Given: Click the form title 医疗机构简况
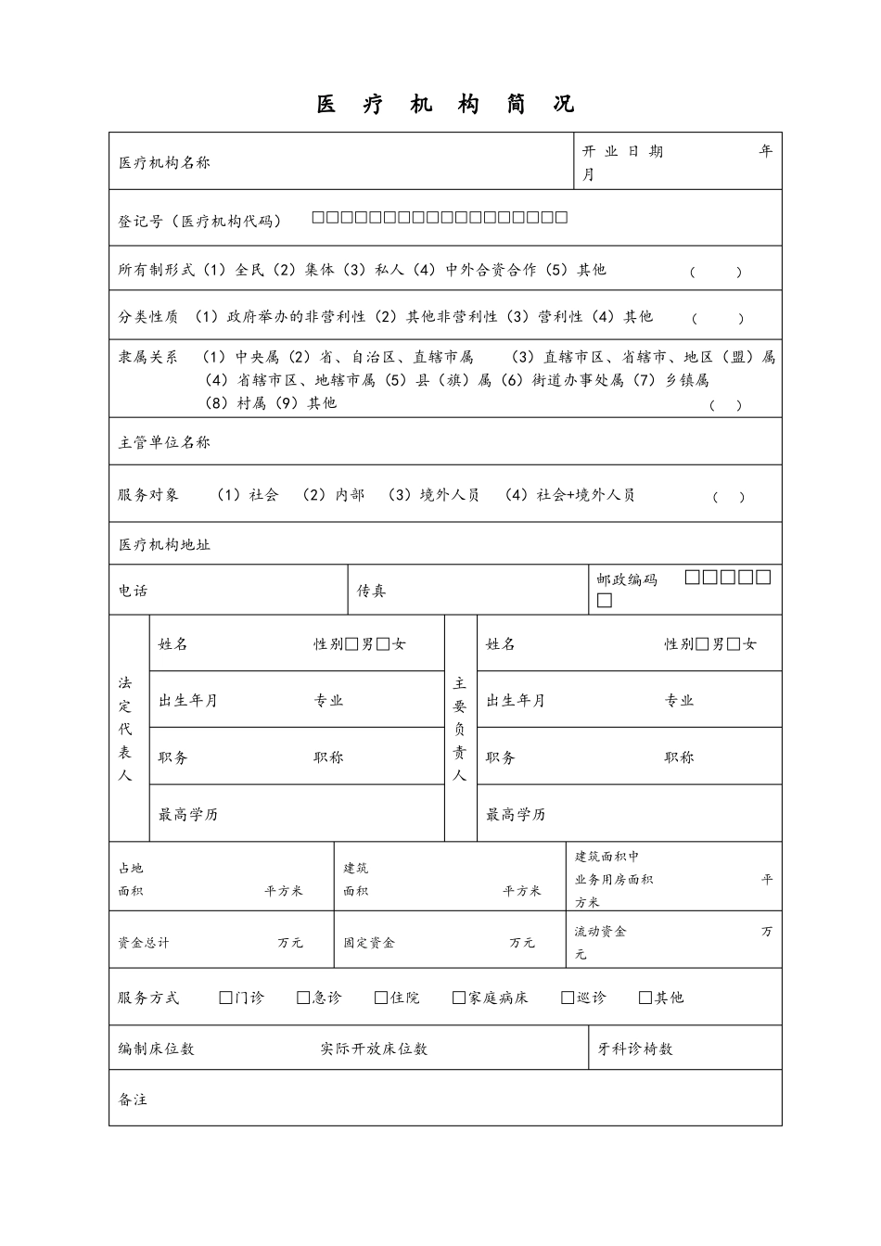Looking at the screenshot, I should pos(445,105).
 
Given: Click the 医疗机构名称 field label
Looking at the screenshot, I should pos(164,162).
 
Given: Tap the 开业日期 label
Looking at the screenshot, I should pos(622,151).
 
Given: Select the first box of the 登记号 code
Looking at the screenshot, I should pos(318,218).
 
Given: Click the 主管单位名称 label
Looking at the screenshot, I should pos(164,442).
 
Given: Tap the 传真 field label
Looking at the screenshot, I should pos(372,591).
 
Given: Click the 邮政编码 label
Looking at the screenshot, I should pos(627,579).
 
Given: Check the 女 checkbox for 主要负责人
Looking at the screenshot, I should pos(734,644).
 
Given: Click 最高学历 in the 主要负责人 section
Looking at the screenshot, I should pos(516,815).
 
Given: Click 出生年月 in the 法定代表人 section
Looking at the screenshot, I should pos(188,701).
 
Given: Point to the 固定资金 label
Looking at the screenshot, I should pos(369,943).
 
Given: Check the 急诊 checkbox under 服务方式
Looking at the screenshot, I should pos(303,998).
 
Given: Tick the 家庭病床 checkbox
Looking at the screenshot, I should pos(459,998).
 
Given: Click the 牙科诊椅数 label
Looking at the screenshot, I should pos(635,1049).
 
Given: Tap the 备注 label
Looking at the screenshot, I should pos(133,1100).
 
